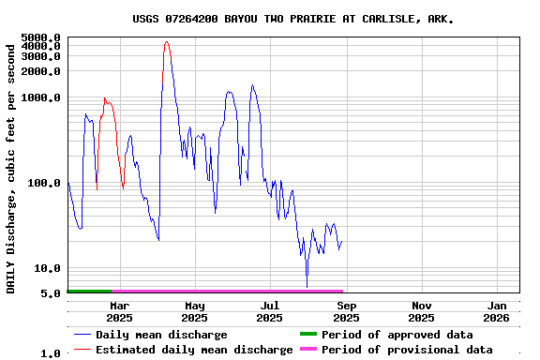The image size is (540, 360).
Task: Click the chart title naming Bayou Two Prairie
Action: click(x=292, y=18)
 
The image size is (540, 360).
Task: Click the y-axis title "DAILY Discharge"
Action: click(x=11, y=166)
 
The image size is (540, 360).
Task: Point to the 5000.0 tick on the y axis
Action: click(x=41, y=37)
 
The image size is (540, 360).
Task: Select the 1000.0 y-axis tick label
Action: click(x=41, y=97)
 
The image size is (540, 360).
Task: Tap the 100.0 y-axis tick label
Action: click(x=44, y=183)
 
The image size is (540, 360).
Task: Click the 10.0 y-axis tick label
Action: click(x=48, y=268)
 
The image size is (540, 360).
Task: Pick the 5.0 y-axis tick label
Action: click(x=51, y=293)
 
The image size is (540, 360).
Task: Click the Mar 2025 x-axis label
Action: click(x=119, y=311)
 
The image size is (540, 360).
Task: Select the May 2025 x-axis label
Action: click(x=194, y=311)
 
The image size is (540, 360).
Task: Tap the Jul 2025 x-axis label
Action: click(x=270, y=311)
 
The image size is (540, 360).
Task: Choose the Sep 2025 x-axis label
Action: click(x=346, y=311)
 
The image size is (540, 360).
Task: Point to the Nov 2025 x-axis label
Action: click(x=422, y=311)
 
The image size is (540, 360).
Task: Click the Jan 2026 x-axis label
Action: click(x=497, y=311)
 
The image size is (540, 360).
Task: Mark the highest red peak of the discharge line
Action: click(x=166, y=41)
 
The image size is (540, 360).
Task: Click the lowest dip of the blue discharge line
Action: click(x=307, y=285)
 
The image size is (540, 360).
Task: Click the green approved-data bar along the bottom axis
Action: click(x=89, y=292)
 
